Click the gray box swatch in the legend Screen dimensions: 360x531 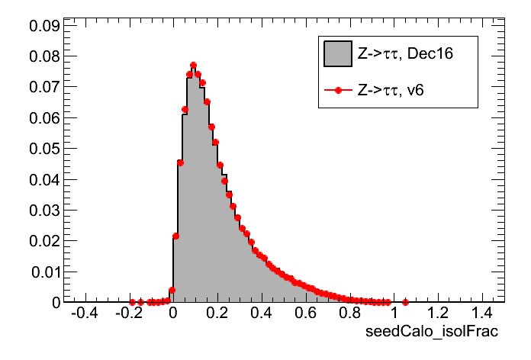pyautogui.click(x=336, y=53)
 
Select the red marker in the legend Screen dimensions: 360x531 pyautogui.click(x=336, y=90)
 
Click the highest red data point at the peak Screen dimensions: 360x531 pyautogui.click(x=193, y=66)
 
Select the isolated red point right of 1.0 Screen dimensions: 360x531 pyautogui.click(x=405, y=302)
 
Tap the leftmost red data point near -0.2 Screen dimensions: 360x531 pyautogui.click(x=132, y=302)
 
